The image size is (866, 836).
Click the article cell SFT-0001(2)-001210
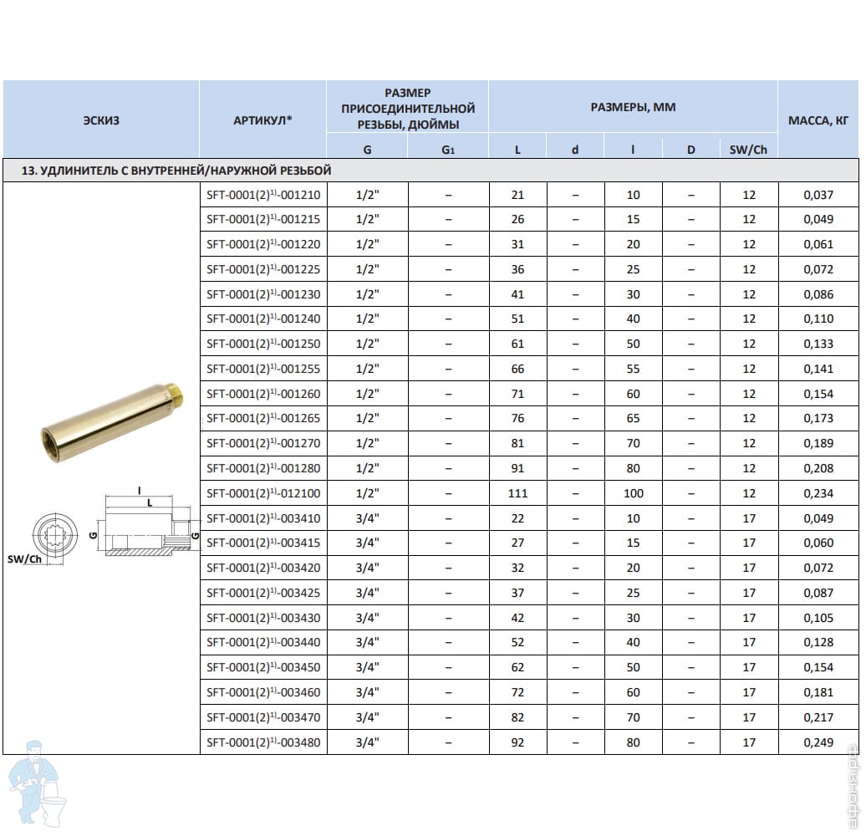point(262,195)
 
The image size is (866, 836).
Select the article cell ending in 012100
point(262,493)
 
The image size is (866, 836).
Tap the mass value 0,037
point(818,195)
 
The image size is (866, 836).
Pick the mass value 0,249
point(818,742)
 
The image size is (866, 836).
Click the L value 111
point(517,493)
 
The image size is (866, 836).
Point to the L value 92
point(517,742)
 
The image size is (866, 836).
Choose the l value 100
point(634,493)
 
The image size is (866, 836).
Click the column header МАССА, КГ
point(818,120)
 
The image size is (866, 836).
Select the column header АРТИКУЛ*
point(262,120)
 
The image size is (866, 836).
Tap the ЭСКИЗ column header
point(101,120)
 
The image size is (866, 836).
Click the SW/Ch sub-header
point(748,150)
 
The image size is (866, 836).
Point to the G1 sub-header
point(448,150)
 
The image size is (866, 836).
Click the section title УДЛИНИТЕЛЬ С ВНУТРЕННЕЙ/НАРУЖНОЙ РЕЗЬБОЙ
point(176,171)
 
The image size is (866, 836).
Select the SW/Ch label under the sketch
point(24,559)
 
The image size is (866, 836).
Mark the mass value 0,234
point(818,493)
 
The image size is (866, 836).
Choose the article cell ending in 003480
point(262,742)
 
